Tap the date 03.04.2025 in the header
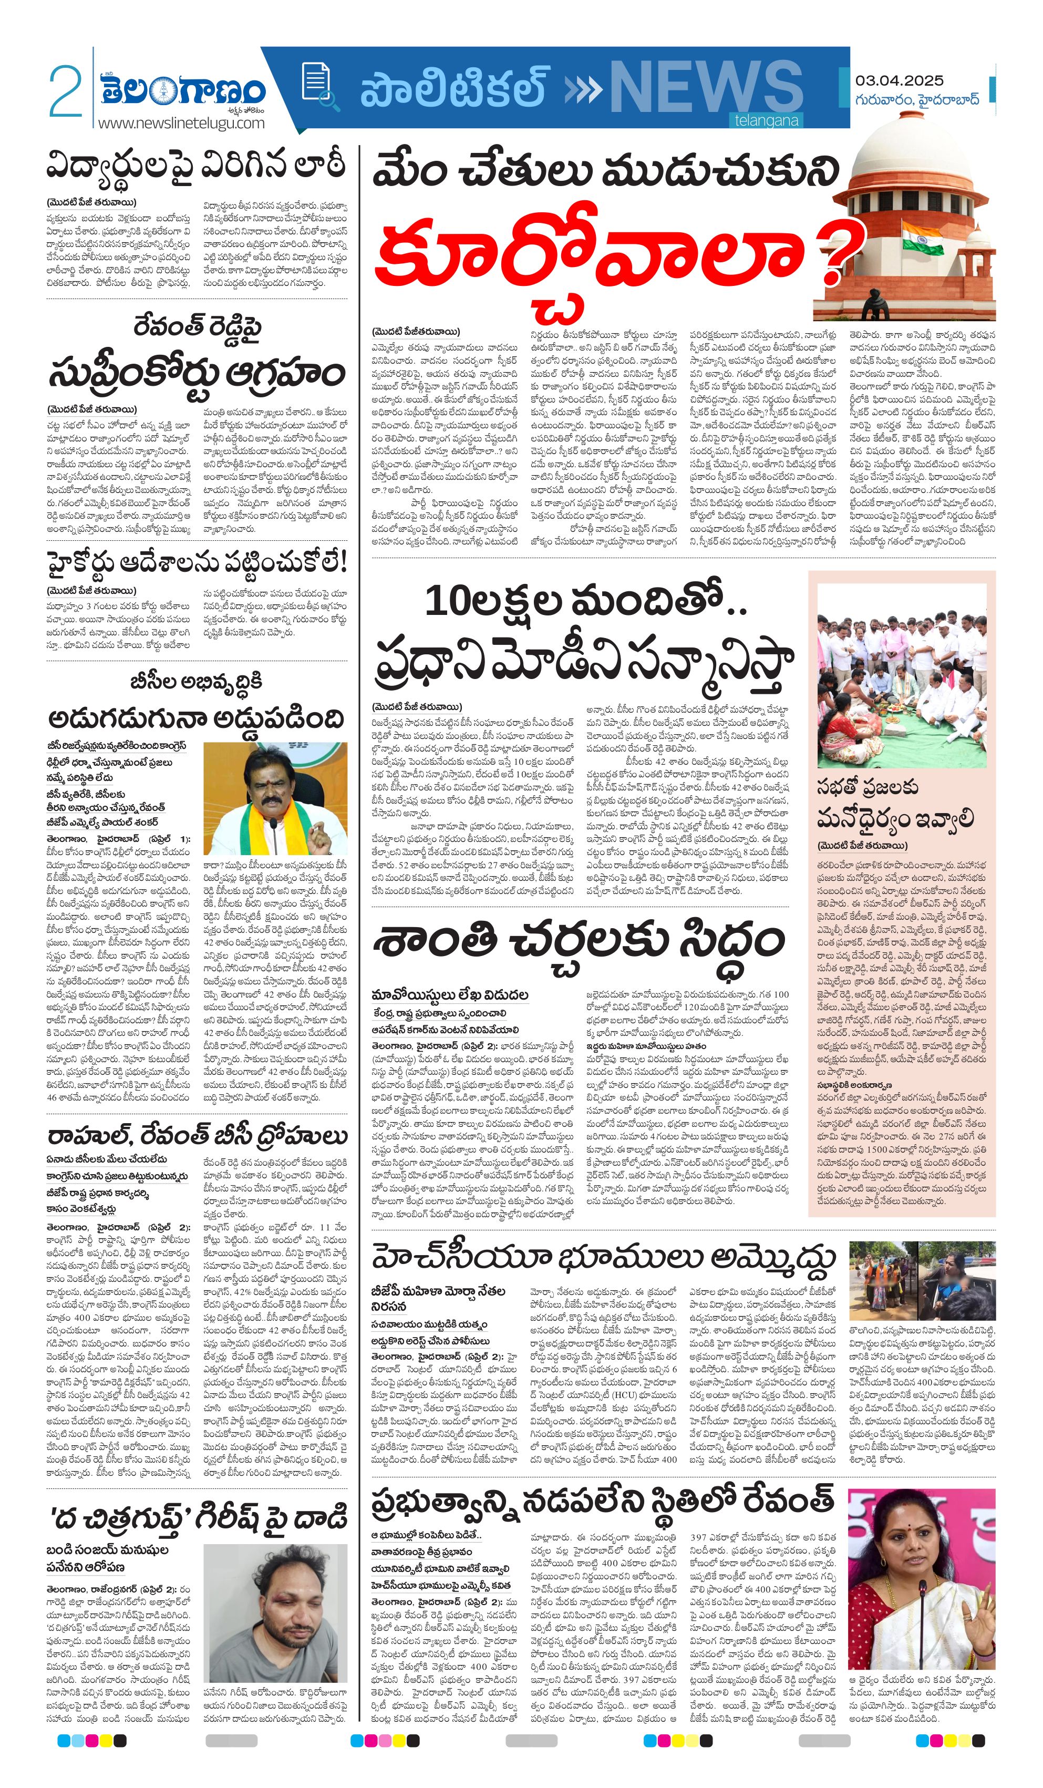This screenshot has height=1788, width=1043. point(899,80)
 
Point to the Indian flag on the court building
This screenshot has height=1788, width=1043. point(922,237)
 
